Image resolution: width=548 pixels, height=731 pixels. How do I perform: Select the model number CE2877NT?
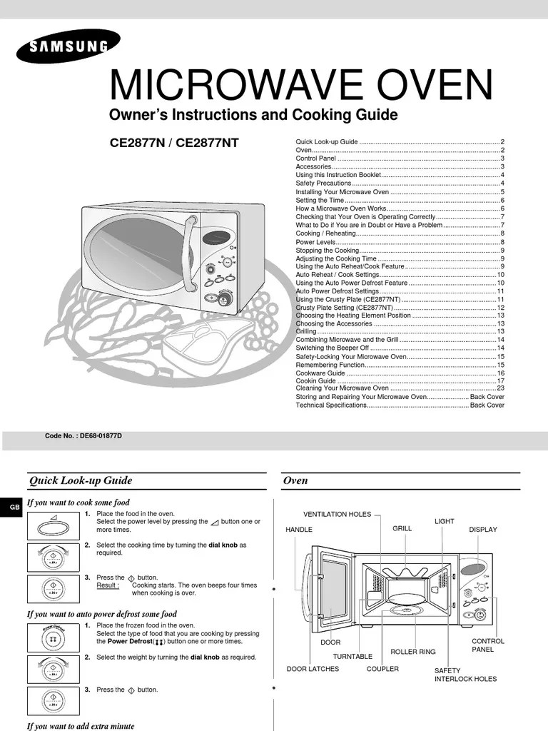[x=206, y=143]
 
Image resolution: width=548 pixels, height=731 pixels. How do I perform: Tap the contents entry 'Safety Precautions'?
[x=324, y=183]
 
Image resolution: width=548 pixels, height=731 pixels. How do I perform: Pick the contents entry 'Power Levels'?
[x=315, y=242]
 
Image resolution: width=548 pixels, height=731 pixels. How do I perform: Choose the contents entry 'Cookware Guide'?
[x=320, y=373]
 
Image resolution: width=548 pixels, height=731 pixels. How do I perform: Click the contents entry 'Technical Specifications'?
[x=331, y=405]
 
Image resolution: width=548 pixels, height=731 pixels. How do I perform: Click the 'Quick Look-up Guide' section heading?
[x=80, y=480]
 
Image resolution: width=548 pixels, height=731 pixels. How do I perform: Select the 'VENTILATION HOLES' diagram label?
[x=338, y=514]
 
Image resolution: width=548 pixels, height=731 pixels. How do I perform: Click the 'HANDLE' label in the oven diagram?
[x=299, y=530]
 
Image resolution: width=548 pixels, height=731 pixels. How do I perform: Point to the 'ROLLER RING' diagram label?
[x=412, y=652]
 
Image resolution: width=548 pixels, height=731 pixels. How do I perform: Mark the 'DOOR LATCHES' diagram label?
[x=313, y=669]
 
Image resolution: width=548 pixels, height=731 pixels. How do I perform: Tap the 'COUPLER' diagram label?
[x=382, y=669]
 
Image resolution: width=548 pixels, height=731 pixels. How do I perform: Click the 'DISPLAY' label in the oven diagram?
[x=483, y=530]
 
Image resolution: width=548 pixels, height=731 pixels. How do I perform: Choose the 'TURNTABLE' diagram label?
[x=352, y=656]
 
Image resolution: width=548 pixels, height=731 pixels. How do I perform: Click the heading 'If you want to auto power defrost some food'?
[x=101, y=614]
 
